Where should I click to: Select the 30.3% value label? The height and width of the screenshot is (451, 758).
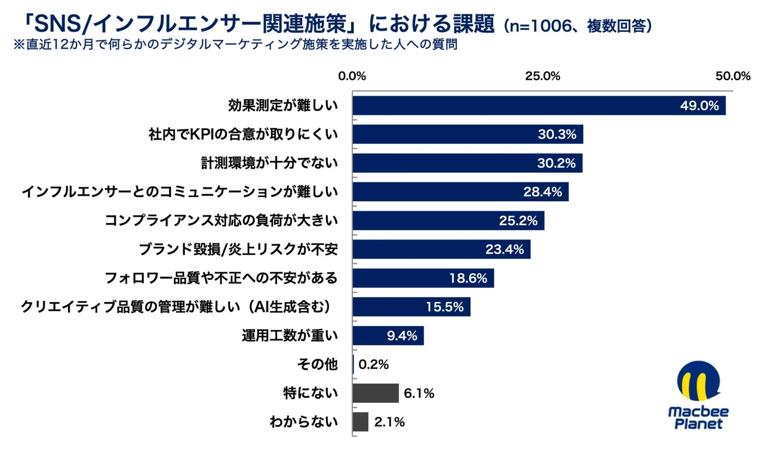tap(557, 134)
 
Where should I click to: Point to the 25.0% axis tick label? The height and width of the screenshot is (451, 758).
tap(542, 76)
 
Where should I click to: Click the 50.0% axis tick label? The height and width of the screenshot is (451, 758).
tap(733, 76)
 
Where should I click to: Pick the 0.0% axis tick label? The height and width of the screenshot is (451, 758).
tap(352, 76)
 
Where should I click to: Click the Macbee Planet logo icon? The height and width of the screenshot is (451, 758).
tap(698, 381)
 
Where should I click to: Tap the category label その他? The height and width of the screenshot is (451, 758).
tap(317, 364)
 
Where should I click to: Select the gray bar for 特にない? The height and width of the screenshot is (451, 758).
tap(375, 393)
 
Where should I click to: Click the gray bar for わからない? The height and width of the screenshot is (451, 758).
tap(360, 422)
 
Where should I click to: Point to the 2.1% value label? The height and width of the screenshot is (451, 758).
tap(389, 422)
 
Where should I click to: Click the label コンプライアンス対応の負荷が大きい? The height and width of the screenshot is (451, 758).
tap(221, 220)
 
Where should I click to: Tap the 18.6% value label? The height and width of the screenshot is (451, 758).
tap(468, 278)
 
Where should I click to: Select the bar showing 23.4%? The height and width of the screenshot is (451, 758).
tap(441, 249)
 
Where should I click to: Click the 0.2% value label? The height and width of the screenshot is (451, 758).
tap(373, 364)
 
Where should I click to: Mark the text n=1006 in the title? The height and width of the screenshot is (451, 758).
tap(540, 26)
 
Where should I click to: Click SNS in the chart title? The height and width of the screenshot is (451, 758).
tap(57, 24)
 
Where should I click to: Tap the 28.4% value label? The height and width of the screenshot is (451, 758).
tap(542, 192)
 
